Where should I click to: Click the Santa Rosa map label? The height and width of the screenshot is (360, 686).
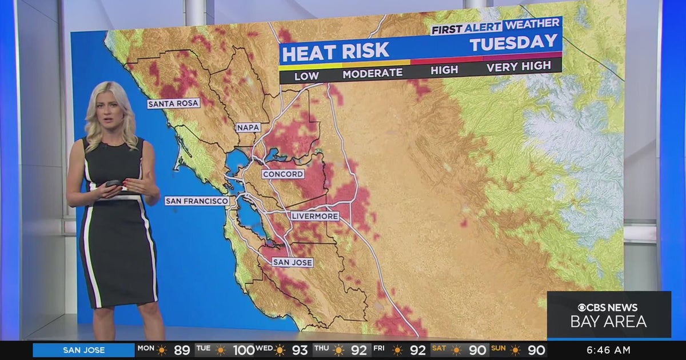coord(173,103)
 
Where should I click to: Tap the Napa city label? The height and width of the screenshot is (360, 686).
coord(248,127)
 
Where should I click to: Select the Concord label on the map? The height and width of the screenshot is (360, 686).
coord(283,174)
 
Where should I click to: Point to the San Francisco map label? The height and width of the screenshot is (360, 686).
coord(197,201)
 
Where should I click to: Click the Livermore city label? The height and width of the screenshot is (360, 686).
coord(314,216)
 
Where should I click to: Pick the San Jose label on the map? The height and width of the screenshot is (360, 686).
coord(292,262)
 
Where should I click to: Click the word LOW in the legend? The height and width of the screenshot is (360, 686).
coord(306,75)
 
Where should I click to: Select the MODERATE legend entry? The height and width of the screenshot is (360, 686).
coord(372,73)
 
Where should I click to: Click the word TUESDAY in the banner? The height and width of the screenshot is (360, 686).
coord(513,42)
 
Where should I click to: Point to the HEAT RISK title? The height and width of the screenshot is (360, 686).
coord(336,53)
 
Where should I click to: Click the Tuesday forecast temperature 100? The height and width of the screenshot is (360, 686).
coord(242,350)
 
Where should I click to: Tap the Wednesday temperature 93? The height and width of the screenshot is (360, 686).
coord(300,350)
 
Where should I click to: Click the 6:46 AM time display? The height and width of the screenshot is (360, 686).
coord(608,350)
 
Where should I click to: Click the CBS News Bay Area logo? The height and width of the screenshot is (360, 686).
coord(608,315)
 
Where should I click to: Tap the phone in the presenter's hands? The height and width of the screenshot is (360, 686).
coord(113,183)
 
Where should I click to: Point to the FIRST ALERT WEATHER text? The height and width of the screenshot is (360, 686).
coord(495,26)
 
